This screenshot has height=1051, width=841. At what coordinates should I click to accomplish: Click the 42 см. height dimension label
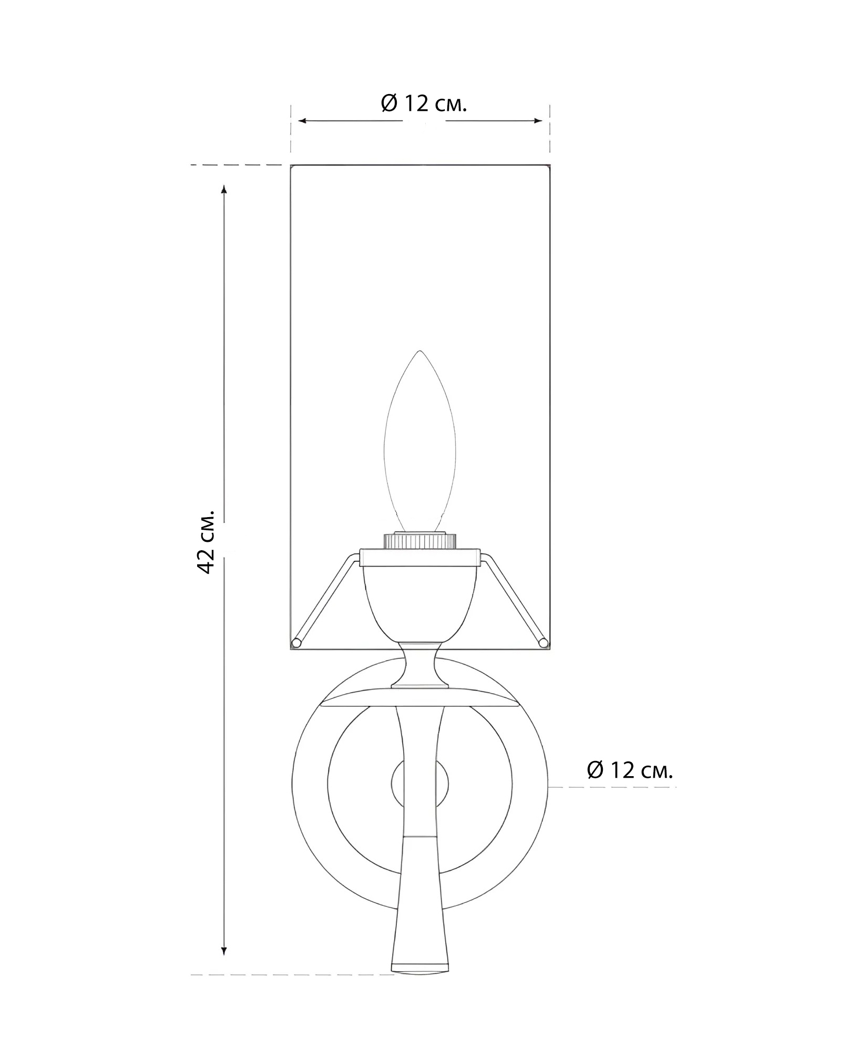coord(206,541)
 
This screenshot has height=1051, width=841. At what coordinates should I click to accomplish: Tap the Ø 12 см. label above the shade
coord(424,104)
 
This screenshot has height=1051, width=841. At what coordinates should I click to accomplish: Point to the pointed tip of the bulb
coord(419,351)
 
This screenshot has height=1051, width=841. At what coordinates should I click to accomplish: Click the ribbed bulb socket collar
coord(420,541)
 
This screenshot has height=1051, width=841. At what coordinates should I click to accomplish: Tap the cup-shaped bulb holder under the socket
coord(419,604)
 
